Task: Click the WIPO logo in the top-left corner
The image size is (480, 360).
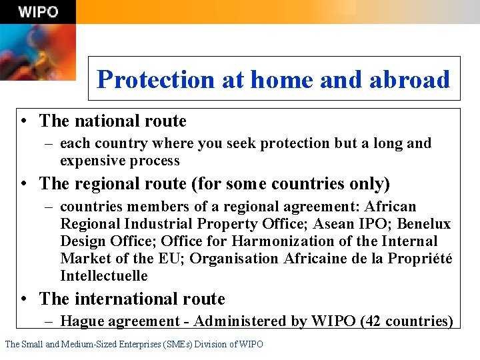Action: tap(38, 12)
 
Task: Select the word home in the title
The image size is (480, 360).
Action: tap(282, 79)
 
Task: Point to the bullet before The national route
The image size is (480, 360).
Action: tap(24, 121)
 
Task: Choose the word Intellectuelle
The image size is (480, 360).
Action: tap(104, 276)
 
